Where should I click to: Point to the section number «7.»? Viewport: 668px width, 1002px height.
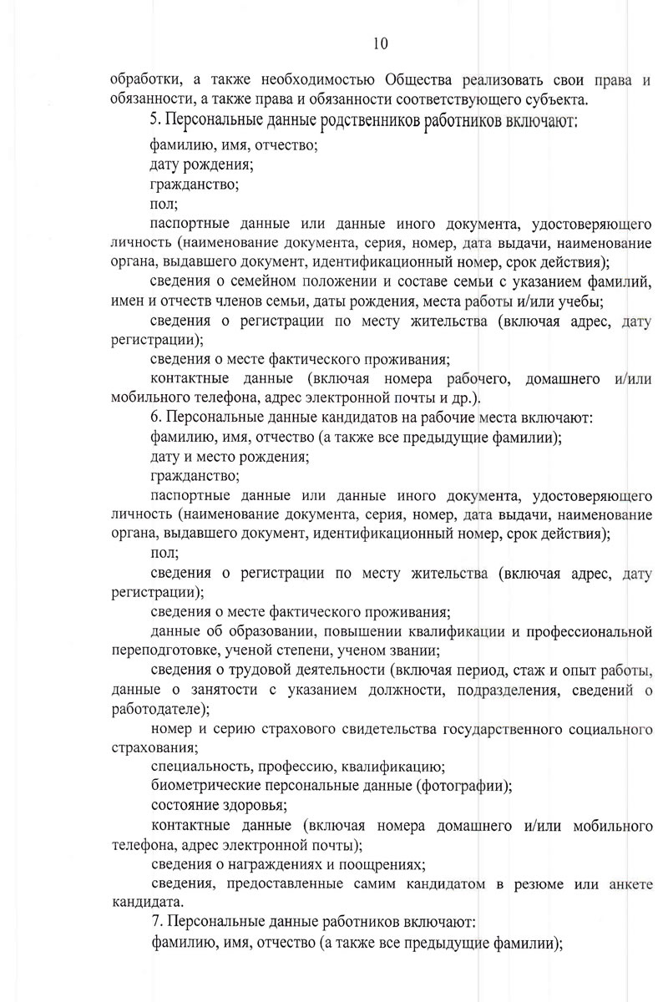pyautogui.click(x=157, y=923)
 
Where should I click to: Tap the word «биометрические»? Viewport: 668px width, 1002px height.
pyautogui.click(x=199, y=786)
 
